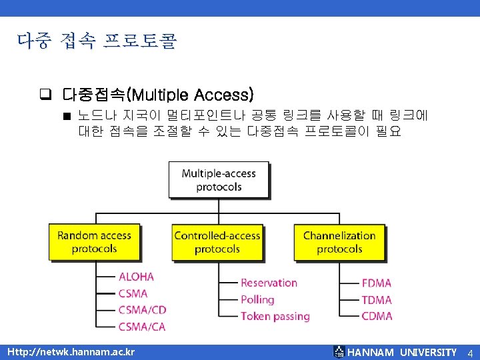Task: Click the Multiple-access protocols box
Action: click(x=218, y=180)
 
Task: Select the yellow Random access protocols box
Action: click(x=94, y=241)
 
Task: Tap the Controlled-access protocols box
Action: click(x=217, y=242)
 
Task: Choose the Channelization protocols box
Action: click(x=339, y=242)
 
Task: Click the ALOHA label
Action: click(x=136, y=277)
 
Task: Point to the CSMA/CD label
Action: click(x=142, y=310)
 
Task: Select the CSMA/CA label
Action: click(x=142, y=327)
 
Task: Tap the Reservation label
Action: click(x=269, y=283)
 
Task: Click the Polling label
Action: click(x=257, y=300)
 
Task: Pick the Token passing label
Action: click(x=275, y=316)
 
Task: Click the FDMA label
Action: click(x=377, y=283)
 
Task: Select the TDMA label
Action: click(x=377, y=300)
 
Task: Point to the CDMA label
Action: click(x=377, y=316)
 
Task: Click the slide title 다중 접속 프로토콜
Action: click(x=97, y=42)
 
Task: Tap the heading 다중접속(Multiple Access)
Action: click(x=158, y=94)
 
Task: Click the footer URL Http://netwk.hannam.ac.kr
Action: click(x=70, y=352)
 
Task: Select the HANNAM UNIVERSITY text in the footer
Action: click(x=402, y=352)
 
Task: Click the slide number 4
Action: click(x=469, y=352)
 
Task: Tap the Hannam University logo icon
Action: click(x=339, y=352)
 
